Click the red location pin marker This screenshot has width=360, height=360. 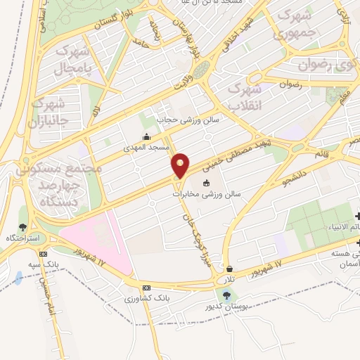[x=181, y=165]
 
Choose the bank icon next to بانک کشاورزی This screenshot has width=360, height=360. [x=146, y=288]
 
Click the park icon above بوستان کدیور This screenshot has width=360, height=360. [x=226, y=295]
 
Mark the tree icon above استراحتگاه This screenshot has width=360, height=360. [x=22, y=227]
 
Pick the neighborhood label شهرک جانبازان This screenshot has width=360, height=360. [x=47, y=113]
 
